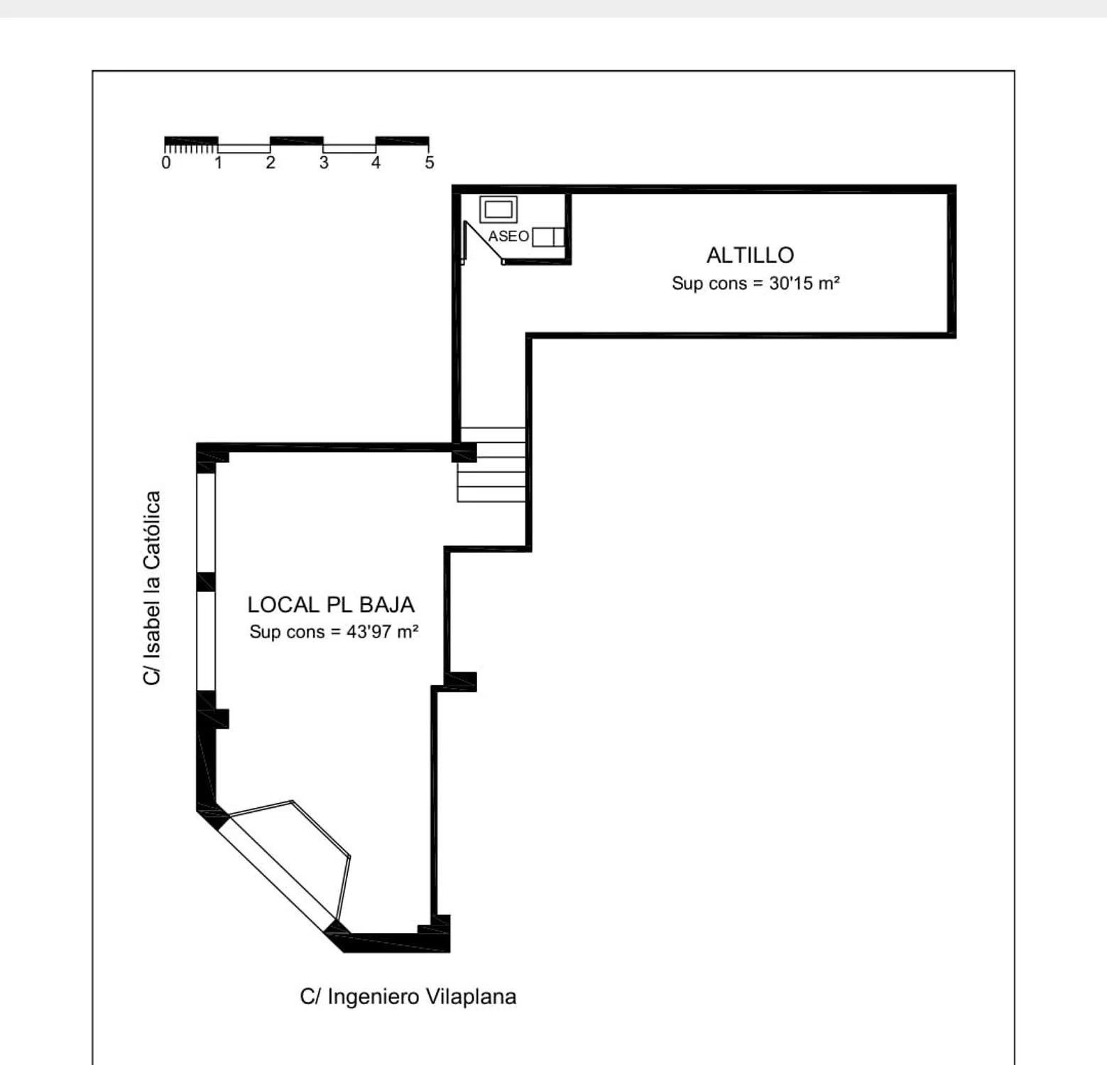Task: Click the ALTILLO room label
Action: pyautogui.click(x=750, y=255)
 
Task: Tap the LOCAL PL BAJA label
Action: pyautogui.click(x=331, y=604)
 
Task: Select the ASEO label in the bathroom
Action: pyautogui.click(x=508, y=236)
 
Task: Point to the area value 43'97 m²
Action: pyautogui.click(x=382, y=631)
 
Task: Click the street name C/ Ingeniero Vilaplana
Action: pyautogui.click(x=408, y=997)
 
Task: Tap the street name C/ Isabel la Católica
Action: pyautogui.click(x=152, y=588)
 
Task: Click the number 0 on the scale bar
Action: pyautogui.click(x=166, y=163)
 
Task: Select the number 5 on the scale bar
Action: pyautogui.click(x=430, y=163)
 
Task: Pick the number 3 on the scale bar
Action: pyautogui.click(x=324, y=163)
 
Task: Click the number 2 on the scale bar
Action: pyautogui.click(x=271, y=163)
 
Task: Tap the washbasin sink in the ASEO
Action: pyautogui.click(x=498, y=209)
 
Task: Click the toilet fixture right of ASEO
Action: pyautogui.click(x=548, y=236)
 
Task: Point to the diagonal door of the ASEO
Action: pyautogui.click(x=484, y=242)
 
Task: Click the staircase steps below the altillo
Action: pyautogui.click(x=492, y=464)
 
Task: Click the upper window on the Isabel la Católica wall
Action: pyautogui.click(x=206, y=523)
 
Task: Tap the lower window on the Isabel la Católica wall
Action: pyautogui.click(x=206, y=641)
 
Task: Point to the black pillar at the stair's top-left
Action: pyautogui.click(x=464, y=452)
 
